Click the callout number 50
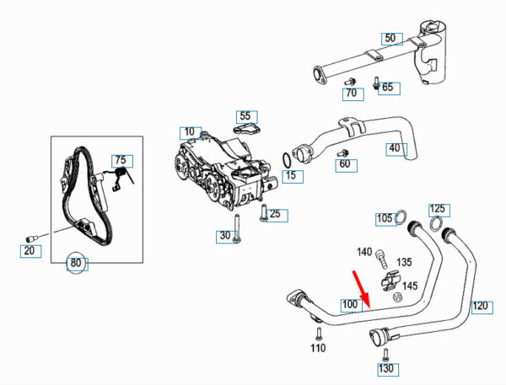[389, 38]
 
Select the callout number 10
[188, 132]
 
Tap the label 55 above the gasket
[245, 115]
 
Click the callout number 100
[350, 303]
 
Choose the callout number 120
[479, 305]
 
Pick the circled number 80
[77, 262]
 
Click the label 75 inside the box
[120, 160]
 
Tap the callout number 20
[30, 249]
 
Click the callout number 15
[292, 176]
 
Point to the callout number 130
[386, 369]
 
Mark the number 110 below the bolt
[318, 348]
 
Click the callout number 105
[385, 218]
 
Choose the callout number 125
[438, 208]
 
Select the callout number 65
[387, 87]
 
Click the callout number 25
[275, 214]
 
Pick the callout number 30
[225, 236]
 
